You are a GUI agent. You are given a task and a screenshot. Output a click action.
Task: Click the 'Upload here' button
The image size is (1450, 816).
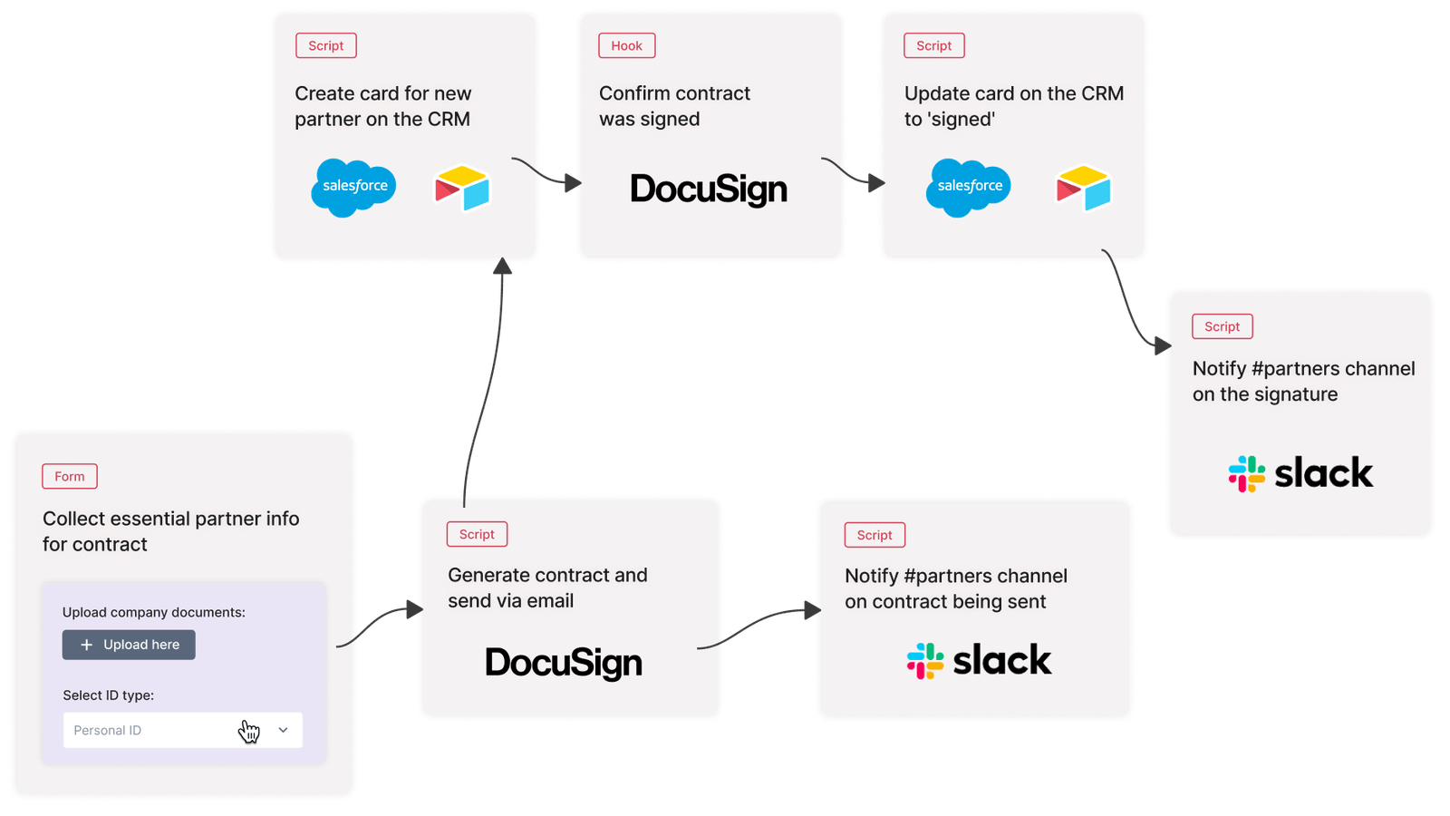(129, 645)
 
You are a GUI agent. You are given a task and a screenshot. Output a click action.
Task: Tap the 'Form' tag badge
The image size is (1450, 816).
(70, 476)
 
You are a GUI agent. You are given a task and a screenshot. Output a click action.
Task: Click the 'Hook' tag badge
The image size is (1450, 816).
(626, 45)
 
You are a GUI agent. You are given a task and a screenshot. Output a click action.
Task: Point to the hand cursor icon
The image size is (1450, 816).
(249, 732)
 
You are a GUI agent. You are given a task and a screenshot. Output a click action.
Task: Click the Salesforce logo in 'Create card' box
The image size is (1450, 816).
(353, 187)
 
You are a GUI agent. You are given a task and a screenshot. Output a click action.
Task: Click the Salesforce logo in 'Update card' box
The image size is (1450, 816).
(969, 187)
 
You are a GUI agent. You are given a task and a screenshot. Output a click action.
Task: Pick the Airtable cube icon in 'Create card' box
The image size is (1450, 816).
(462, 188)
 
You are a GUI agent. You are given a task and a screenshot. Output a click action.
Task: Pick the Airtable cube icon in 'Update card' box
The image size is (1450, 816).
(1083, 188)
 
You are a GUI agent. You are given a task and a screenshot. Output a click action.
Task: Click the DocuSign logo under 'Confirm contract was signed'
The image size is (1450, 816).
(709, 189)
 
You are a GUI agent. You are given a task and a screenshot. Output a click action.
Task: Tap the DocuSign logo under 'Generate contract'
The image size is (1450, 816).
(564, 663)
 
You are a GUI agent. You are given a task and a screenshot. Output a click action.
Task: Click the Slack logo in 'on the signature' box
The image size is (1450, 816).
(1300, 473)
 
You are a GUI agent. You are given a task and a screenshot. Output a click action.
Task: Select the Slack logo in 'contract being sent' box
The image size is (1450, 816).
(979, 660)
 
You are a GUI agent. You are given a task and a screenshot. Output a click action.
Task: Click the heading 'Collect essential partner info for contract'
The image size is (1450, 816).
(170, 531)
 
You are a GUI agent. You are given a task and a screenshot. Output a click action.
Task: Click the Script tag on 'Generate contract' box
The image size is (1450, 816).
(477, 534)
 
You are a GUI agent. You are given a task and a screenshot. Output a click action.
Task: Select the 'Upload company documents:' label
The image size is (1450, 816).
(154, 612)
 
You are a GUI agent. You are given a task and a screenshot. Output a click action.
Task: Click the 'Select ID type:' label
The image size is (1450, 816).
(109, 695)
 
